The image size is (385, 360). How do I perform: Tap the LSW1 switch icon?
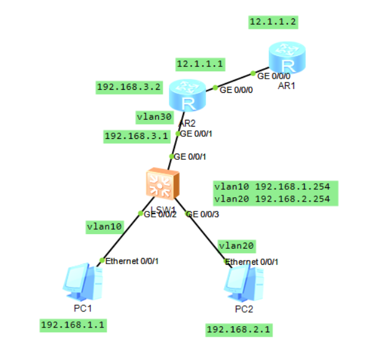point(162,184)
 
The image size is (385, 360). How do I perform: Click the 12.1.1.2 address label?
point(273,22)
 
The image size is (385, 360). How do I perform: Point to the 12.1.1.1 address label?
point(200,63)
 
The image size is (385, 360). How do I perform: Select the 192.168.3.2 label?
point(129,87)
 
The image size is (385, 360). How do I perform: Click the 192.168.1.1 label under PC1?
point(73,324)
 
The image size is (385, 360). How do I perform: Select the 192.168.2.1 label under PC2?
point(238,330)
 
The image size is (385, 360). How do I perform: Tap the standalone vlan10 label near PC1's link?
point(104,226)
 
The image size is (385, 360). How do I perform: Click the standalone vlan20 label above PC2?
point(237,246)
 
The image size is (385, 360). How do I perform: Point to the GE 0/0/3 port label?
point(202,214)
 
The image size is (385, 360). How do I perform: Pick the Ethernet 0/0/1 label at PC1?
point(132,261)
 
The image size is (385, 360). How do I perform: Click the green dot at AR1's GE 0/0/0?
point(253,73)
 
